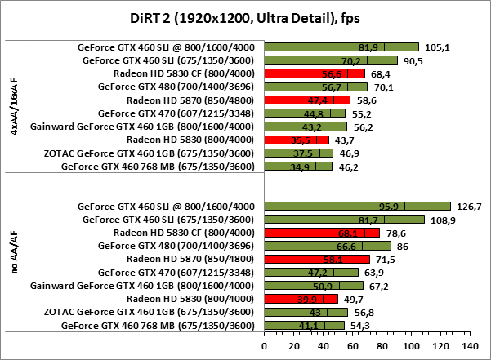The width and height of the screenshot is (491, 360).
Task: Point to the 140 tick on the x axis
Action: tap(468, 347)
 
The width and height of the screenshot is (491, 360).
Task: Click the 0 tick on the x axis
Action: tap(264, 347)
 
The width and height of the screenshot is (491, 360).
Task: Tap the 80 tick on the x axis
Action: tap(381, 347)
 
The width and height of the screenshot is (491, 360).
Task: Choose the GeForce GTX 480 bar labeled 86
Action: tap(328, 246)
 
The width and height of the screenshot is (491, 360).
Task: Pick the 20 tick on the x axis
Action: tap(292, 347)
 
